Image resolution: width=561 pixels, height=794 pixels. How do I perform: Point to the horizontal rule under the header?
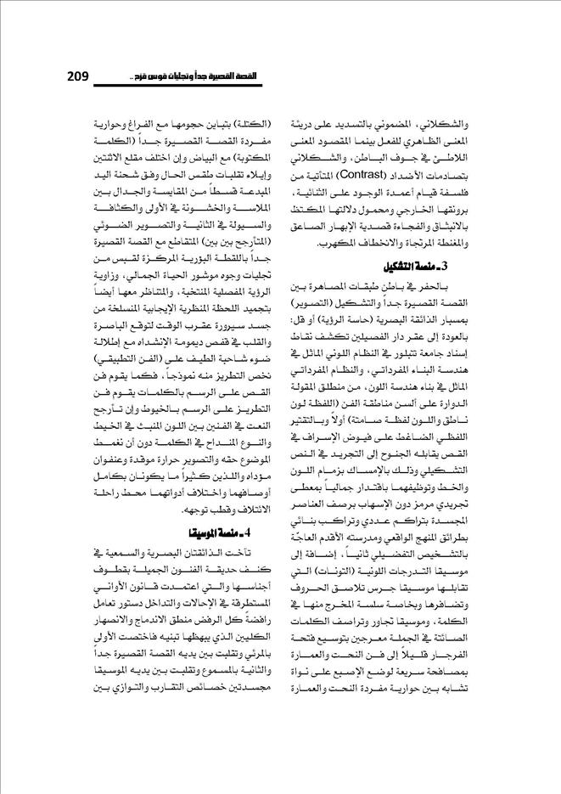coord(280,88)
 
